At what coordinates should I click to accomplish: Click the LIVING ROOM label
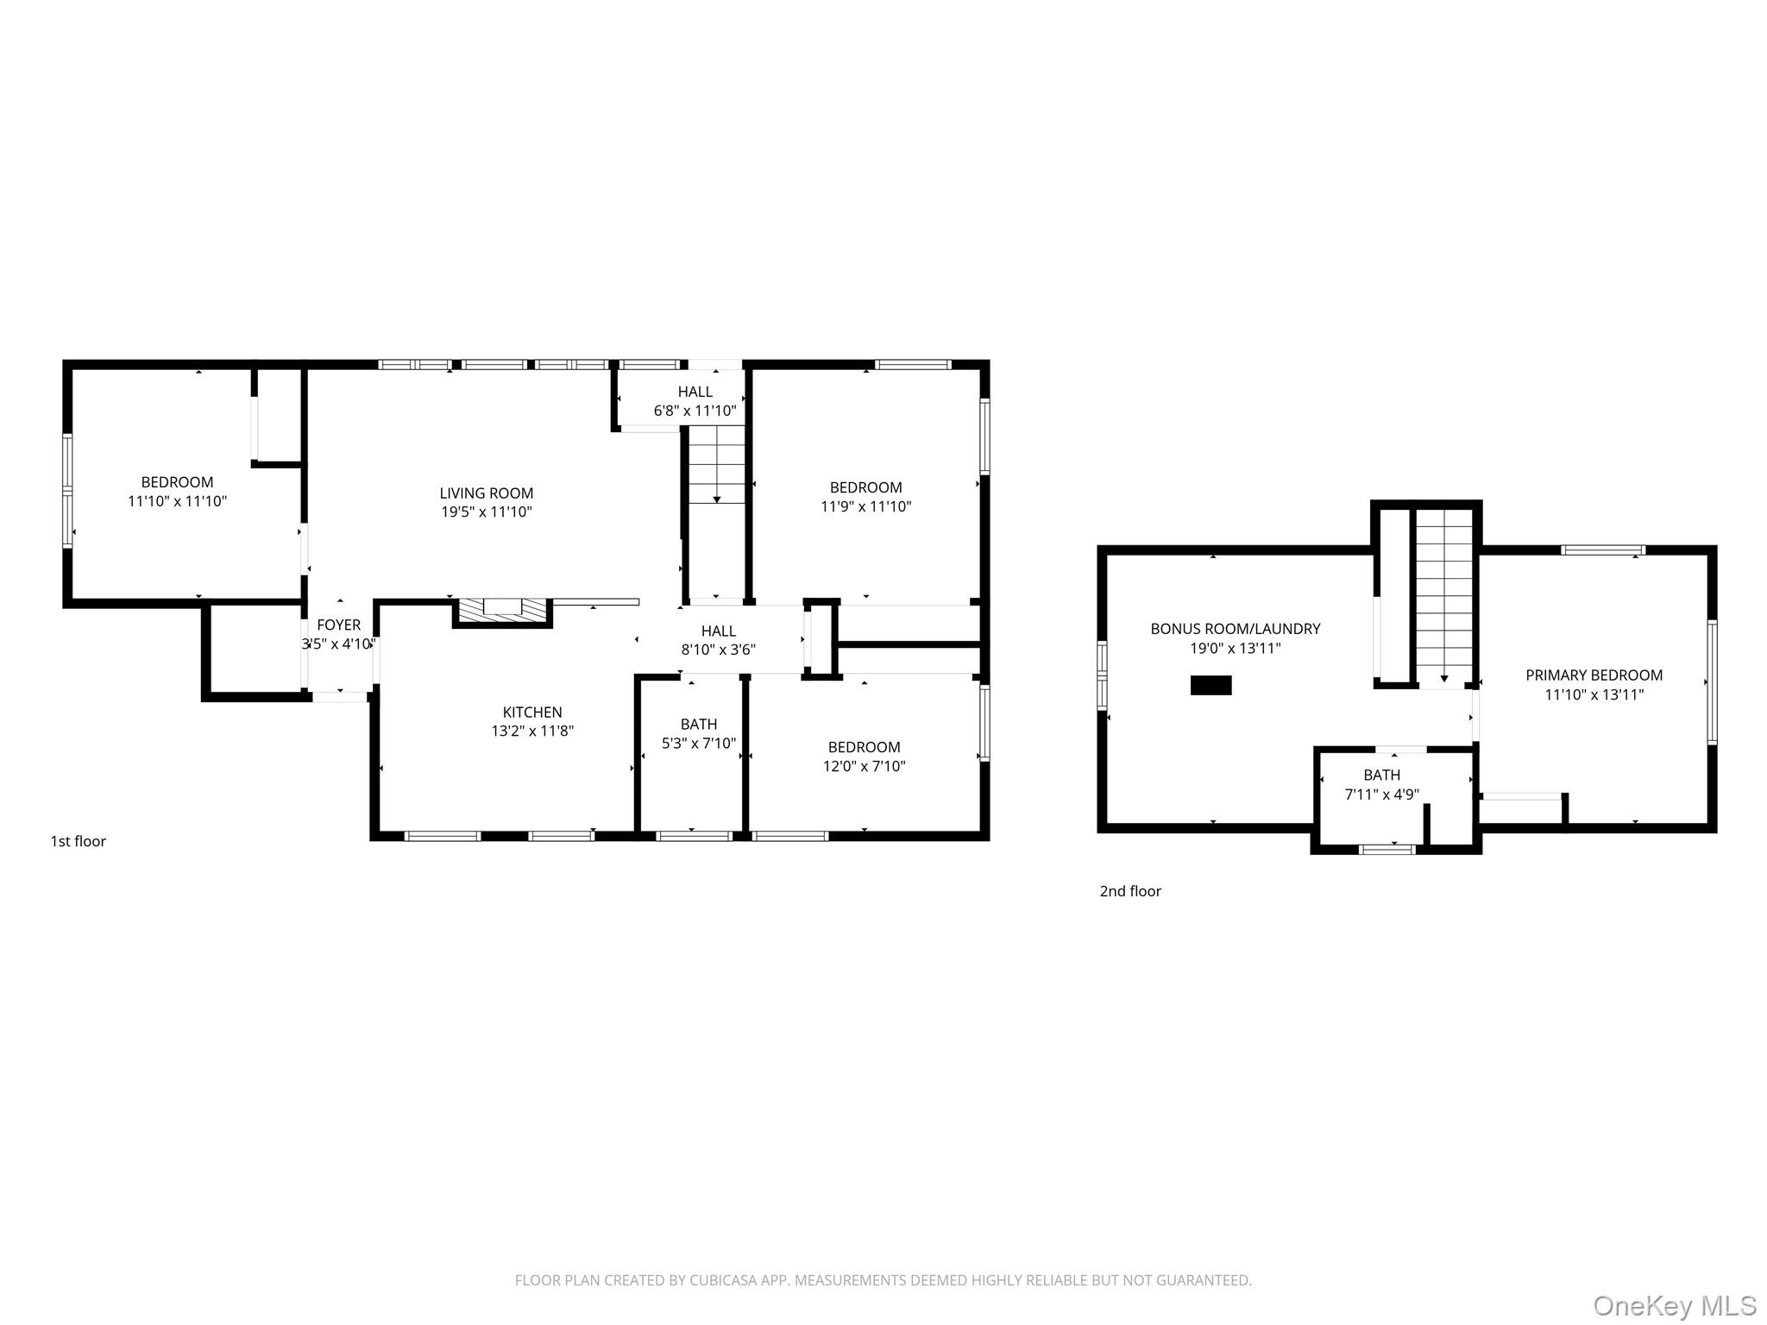point(486,493)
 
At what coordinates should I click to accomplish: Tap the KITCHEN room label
point(532,713)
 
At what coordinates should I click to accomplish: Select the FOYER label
point(338,625)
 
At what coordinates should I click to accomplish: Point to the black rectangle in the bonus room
point(1210,685)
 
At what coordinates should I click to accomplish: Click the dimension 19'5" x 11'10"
point(486,512)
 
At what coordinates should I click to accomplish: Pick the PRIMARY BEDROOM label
point(1594,675)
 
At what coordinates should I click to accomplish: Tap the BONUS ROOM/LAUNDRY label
point(1235,629)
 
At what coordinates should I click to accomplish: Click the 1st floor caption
point(78,841)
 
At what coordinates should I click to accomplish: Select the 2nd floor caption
point(1129,891)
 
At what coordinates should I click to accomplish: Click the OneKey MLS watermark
point(1674,1306)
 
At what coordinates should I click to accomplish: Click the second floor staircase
point(1443,595)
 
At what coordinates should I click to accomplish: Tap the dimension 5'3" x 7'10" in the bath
point(698,744)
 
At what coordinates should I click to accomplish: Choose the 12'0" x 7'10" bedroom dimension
point(864,766)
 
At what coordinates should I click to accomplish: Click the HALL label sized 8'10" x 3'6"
point(718,631)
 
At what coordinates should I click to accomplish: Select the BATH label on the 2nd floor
point(1381,776)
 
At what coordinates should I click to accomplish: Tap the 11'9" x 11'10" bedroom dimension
point(865,507)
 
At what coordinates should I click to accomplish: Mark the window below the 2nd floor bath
point(1387,850)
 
